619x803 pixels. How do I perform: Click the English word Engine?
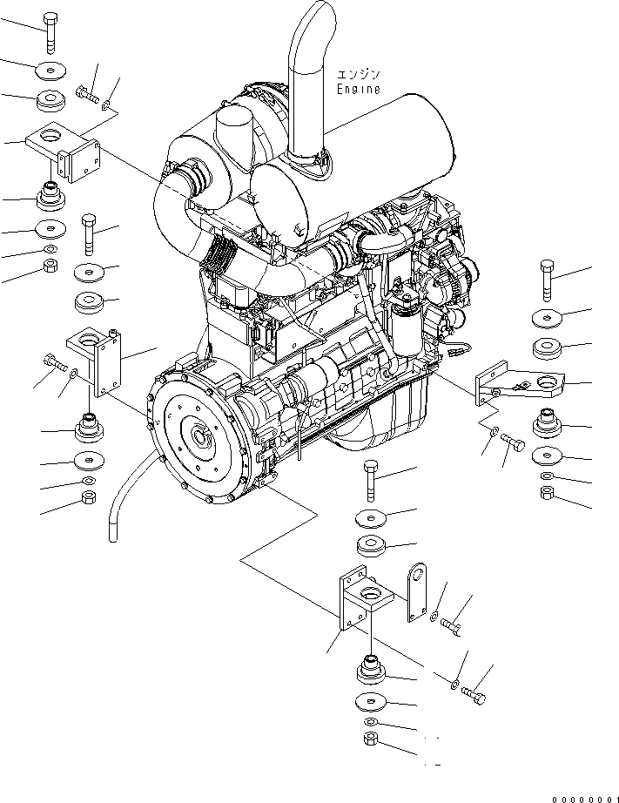tap(359, 89)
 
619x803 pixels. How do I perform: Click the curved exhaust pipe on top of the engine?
tap(307, 78)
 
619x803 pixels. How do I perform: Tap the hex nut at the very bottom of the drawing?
tap(369, 741)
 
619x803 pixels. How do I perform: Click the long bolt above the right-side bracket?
tap(546, 278)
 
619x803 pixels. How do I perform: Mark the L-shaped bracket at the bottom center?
tap(361, 601)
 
